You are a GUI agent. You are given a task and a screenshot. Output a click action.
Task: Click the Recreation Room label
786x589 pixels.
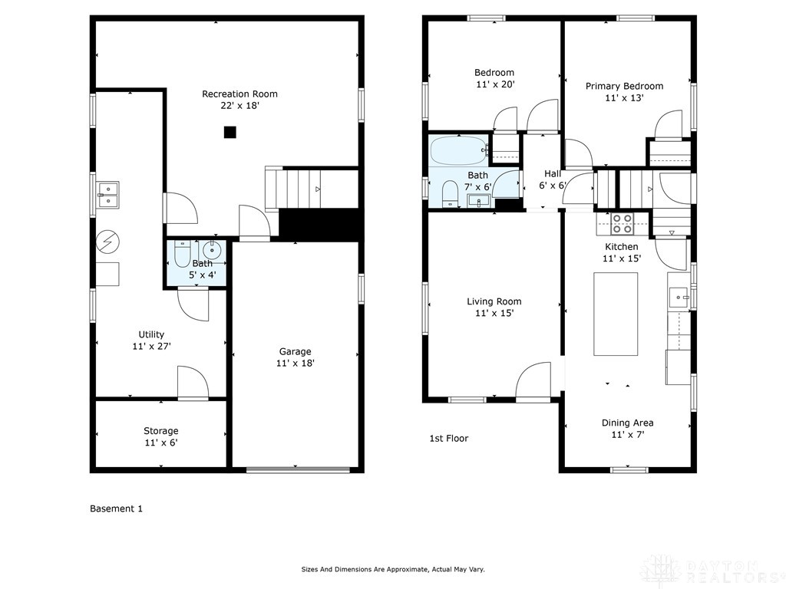click(x=239, y=94)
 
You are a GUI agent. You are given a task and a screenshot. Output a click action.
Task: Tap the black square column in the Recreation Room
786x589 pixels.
click(x=230, y=132)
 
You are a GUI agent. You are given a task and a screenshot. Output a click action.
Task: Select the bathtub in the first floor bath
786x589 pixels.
click(x=459, y=151)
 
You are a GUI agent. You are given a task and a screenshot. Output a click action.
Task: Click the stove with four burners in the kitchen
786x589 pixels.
click(x=622, y=223)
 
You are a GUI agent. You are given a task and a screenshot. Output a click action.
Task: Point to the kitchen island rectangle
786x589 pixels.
click(x=616, y=314)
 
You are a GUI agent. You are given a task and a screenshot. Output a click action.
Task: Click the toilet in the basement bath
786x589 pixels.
click(x=182, y=255)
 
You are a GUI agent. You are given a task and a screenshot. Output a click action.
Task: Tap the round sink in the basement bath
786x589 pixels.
click(x=212, y=249)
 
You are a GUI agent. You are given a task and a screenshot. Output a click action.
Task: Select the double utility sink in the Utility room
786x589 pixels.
click(x=107, y=195)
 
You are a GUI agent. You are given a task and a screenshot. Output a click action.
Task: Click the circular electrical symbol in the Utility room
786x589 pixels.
click(x=107, y=242)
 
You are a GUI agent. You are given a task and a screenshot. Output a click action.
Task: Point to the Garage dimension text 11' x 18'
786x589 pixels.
click(x=296, y=363)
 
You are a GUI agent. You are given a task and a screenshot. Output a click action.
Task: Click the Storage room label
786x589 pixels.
click(x=161, y=431)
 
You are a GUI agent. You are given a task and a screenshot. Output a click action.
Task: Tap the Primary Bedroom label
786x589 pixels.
click(x=625, y=86)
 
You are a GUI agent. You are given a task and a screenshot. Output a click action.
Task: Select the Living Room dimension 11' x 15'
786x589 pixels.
click(x=494, y=313)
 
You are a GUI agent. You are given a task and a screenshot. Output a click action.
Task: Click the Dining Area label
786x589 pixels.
click(x=628, y=423)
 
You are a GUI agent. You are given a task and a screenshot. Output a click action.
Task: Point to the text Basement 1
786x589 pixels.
click(x=117, y=508)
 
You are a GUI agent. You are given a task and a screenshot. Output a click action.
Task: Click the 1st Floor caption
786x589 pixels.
click(x=448, y=438)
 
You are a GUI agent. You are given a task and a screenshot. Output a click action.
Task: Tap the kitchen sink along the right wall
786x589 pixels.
click(x=679, y=297)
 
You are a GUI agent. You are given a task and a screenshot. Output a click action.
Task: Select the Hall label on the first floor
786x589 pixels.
click(x=553, y=174)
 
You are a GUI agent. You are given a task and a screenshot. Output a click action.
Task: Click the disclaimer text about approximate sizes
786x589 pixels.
click(x=393, y=570)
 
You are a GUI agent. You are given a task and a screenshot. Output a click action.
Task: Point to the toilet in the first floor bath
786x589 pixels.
click(x=450, y=193)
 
